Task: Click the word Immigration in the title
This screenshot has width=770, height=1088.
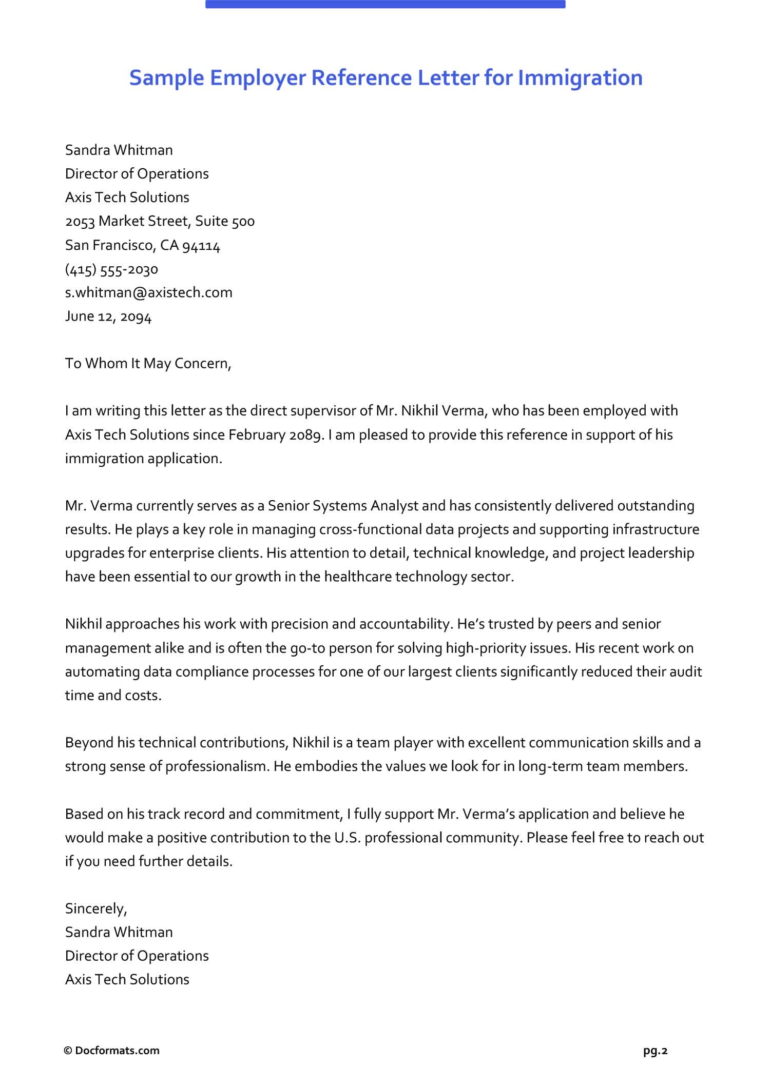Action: (x=580, y=78)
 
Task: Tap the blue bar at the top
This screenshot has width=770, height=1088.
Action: (x=385, y=4)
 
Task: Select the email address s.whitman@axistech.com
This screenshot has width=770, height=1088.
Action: (x=148, y=292)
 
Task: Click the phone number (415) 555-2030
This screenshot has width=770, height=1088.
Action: (x=111, y=269)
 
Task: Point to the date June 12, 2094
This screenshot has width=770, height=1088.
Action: (x=108, y=316)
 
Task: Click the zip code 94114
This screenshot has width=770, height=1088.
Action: (x=201, y=246)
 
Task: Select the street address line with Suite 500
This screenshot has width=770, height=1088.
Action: (x=160, y=221)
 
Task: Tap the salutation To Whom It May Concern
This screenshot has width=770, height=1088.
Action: (x=148, y=363)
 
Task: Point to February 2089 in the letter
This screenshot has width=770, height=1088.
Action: (x=276, y=434)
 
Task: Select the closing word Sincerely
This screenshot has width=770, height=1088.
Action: (x=95, y=908)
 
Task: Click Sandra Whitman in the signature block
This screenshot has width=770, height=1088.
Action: (x=119, y=932)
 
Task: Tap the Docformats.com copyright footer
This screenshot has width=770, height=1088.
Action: (x=111, y=1051)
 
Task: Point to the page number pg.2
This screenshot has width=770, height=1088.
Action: (x=655, y=1051)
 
